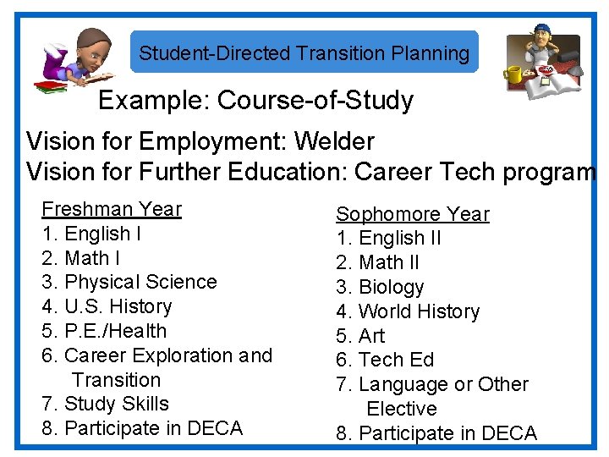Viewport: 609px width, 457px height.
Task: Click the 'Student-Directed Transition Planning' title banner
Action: coord(304,53)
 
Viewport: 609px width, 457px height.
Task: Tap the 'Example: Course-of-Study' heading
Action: coord(255,101)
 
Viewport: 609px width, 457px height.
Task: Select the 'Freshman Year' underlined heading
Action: coord(112,209)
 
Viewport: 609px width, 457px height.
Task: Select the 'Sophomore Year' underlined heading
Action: coord(413,214)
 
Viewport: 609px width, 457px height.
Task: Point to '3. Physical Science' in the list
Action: coord(129,282)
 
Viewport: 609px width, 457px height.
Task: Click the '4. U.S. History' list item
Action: coord(107,306)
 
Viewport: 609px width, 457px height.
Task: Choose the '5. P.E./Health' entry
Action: coord(104,331)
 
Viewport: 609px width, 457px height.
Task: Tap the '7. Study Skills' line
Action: coord(105,404)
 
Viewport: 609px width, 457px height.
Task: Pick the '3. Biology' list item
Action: coord(380,287)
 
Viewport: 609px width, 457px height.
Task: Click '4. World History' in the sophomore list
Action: coord(408,311)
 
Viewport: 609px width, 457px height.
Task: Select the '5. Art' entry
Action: coord(360,336)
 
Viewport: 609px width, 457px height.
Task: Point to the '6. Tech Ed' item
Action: coord(385,360)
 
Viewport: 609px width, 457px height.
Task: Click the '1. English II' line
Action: coord(388,239)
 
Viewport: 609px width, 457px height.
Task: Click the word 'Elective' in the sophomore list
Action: coord(402,409)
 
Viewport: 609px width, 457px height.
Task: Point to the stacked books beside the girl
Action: coord(50,85)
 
